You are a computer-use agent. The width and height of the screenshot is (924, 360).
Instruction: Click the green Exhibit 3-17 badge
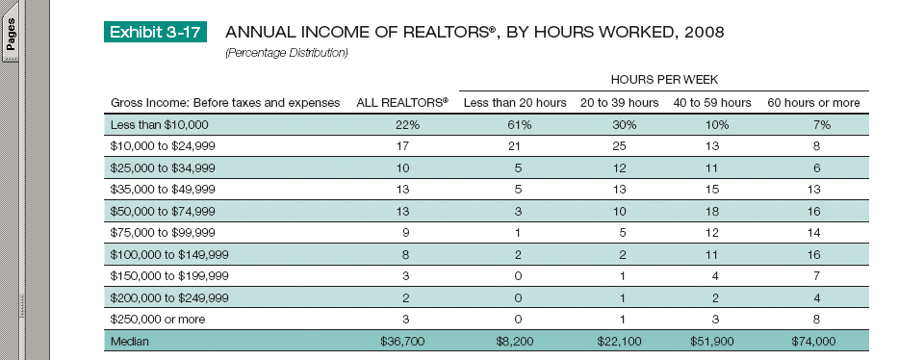[x=156, y=32]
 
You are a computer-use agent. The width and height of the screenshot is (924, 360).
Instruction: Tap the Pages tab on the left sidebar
[x=10, y=37]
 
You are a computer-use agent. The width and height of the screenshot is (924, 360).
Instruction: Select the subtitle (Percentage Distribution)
[x=287, y=53]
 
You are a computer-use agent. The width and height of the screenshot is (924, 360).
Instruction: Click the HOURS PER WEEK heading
[x=664, y=80]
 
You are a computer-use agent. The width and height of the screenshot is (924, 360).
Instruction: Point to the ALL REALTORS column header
[x=402, y=103]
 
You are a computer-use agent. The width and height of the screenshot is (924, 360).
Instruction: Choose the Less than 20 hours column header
[x=515, y=103]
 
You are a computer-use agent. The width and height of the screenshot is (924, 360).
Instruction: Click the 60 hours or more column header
[x=813, y=103]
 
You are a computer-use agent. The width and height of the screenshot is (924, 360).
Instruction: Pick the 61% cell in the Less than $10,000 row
[x=519, y=125]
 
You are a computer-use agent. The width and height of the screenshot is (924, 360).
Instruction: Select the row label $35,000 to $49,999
[x=163, y=190]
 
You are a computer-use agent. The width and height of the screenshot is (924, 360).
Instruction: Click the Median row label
[x=130, y=341]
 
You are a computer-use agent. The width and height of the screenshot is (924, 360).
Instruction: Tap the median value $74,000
[x=813, y=341]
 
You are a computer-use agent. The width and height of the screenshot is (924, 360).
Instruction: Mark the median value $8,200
[x=519, y=341]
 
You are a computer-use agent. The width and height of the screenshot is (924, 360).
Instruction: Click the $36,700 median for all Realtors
[x=402, y=341]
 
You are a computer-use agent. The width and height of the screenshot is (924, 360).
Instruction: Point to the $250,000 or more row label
[x=158, y=320]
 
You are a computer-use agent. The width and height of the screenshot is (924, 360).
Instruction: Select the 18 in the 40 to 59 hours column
[x=712, y=212]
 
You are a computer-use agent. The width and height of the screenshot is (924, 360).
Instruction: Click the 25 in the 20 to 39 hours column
[x=619, y=146]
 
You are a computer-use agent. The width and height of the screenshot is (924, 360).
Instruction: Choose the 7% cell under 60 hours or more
[x=816, y=125]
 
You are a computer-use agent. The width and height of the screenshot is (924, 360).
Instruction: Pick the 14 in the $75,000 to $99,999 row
[x=814, y=233]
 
